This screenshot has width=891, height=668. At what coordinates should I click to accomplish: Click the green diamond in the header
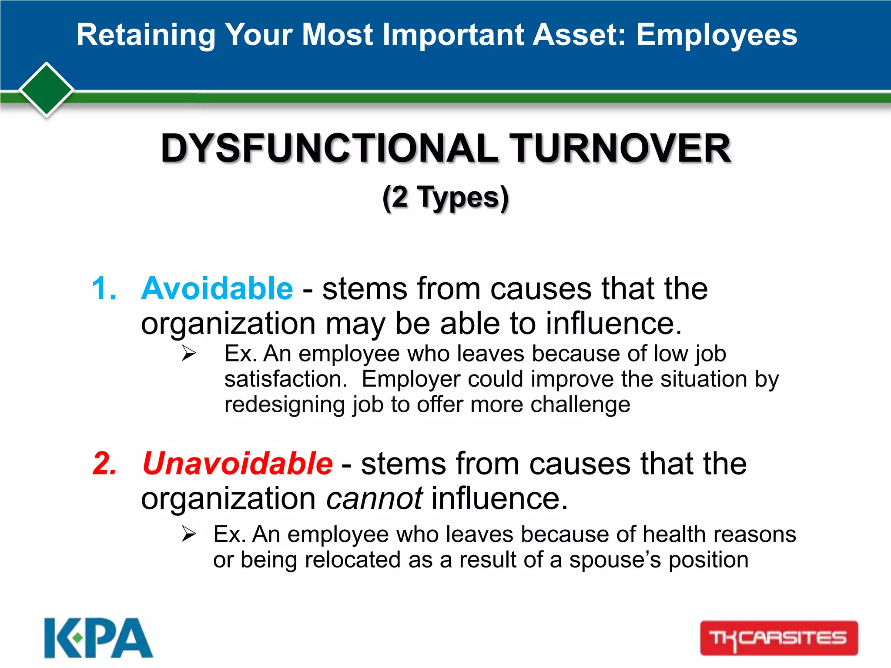pos(46,90)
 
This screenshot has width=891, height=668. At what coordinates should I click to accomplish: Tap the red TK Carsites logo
pos(779,638)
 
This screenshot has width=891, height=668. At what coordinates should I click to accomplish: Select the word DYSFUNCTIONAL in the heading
pos(329,148)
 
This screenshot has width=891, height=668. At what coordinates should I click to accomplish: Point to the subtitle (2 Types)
pos(445,198)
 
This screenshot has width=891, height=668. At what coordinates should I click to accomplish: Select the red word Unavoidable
pos(238,464)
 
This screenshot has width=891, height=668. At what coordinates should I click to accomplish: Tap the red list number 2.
pos(105,464)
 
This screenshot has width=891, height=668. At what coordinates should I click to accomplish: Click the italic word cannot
pos(374,498)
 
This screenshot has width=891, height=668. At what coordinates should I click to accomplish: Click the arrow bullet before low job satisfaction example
pos(189,353)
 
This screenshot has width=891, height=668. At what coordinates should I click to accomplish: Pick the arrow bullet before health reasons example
pos(189,534)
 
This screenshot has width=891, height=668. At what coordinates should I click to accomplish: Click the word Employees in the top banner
pos(717,35)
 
